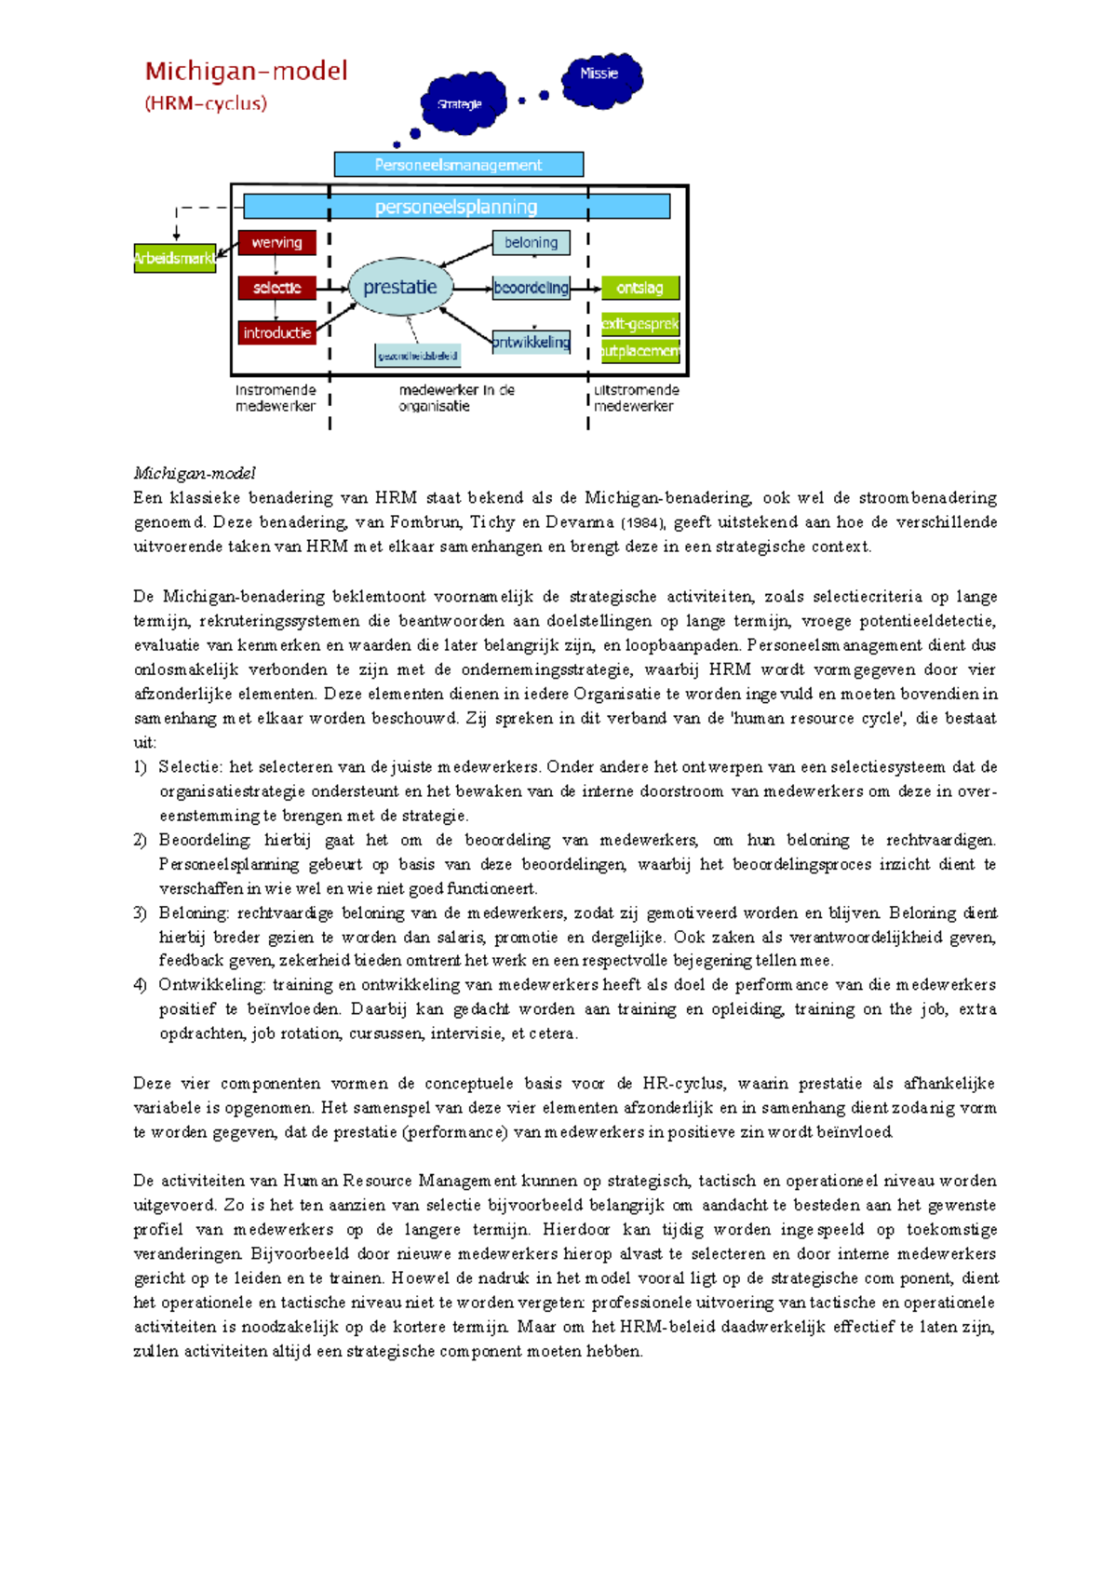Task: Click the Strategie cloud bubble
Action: [x=462, y=102]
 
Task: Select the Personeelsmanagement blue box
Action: [x=458, y=165]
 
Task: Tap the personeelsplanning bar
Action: [x=456, y=207]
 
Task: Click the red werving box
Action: [x=276, y=242]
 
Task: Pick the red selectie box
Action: [x=276, y=288]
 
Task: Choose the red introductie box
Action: [x=276, y=332]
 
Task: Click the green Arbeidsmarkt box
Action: [x=175, y=258]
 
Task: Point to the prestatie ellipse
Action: [x=400, y=287]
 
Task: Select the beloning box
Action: [x=531, y=242]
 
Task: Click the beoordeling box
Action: [x=531, y=288]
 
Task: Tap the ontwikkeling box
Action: [x=531, y=342]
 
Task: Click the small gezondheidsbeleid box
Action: [x=417, y=356]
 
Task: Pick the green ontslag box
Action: [x=639, y=288]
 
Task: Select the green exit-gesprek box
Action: [x=639, y=324]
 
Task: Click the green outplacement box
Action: [x=639, y=351]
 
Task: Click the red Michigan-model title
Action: [x=246, y=71]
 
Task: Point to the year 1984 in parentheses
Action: [x=643, y=523]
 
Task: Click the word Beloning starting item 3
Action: [x=193, y=912]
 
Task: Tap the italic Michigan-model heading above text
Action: [x=194, y=473]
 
